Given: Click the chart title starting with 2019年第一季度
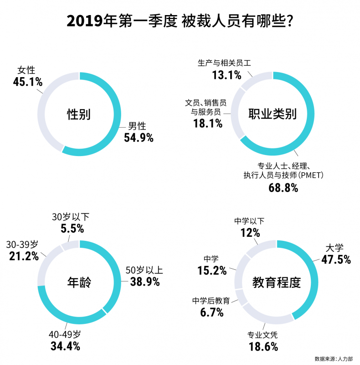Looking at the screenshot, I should [x=180, y=21].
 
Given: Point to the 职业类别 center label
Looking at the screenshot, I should [x=273, y=114].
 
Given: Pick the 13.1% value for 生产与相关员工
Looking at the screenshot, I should [x=226, y=75].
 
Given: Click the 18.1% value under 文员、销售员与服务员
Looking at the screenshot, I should [x=207, y=123].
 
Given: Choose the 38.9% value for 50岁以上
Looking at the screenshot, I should [x=145, y=282].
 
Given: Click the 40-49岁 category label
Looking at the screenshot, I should [x=65, y=334].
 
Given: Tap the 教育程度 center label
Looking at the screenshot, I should [x=277, y=283].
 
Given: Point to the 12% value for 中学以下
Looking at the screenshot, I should [x=250, y=233].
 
